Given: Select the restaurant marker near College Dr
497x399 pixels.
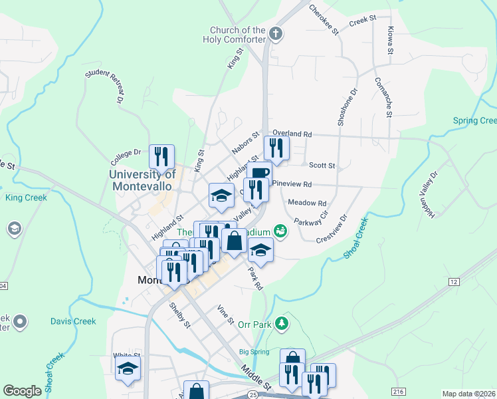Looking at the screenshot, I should (161, 157).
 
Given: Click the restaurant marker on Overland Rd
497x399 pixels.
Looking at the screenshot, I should (276, 148).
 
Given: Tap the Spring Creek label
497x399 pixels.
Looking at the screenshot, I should (474, 120).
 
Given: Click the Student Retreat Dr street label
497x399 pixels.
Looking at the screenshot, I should (104, 86).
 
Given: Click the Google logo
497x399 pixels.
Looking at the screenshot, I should (22, 391).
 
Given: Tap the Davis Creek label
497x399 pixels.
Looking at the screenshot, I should (73, 321).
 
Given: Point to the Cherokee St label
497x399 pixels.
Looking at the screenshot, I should (324, 20).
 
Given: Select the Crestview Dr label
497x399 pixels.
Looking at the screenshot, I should (332, 229).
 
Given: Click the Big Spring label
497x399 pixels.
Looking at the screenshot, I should (252, 352).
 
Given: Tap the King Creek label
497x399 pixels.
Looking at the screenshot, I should (23, 198).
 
